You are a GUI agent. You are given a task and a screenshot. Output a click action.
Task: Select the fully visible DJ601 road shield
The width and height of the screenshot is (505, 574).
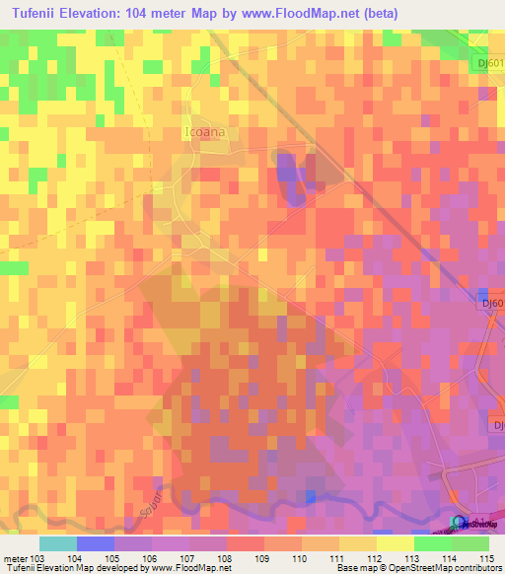point(486,60)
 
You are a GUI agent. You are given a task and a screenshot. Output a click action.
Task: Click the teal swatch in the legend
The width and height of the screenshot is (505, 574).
point(57,542)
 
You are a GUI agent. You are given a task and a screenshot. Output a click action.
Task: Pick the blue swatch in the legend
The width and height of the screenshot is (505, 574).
point(96,542)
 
